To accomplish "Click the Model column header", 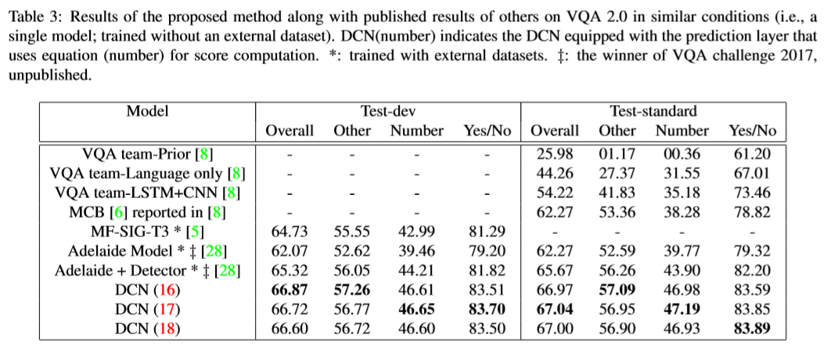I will (x=147, y=112).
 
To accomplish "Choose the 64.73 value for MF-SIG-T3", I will (x=289, y=232).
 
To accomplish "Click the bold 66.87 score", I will (x=289, y=290).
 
